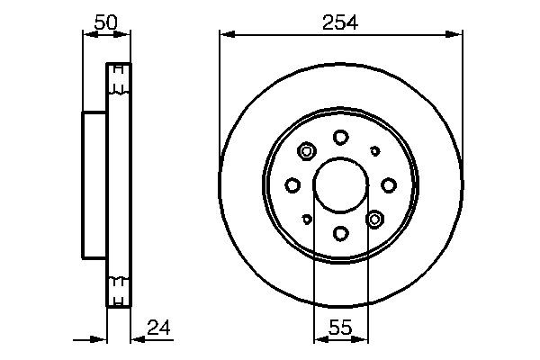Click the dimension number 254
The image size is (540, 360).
(341, 23)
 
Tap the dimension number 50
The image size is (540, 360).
(106, 23)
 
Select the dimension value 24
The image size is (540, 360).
(158, 327)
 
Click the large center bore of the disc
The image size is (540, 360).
(340, 185)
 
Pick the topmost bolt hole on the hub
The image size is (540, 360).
(340, 137)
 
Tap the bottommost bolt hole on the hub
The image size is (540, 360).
(340, 234)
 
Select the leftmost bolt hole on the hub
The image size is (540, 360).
(292, 185)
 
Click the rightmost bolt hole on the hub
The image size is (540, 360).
(389, 185)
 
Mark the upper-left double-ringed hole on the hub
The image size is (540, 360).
(306, 151)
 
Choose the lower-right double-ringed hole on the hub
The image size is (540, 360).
(375, 219)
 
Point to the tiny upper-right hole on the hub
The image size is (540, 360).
(375, 151)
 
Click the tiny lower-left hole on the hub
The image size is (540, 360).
(307, 219)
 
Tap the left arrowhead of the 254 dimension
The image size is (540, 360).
(226, 35)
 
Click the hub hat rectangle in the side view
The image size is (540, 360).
(94, 185)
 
